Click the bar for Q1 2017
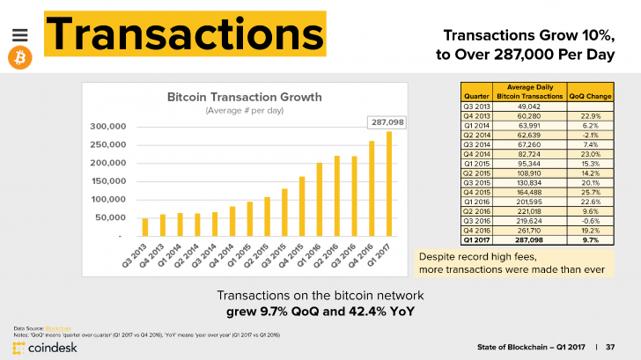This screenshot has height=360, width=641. [x=389, y=184]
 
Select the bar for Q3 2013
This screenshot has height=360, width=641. [x=145, y=227]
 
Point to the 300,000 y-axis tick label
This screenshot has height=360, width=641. [x=108, y=127]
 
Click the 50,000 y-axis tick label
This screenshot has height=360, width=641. [x=112, y=217]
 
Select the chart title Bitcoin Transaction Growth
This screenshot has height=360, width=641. [x=245, y=96]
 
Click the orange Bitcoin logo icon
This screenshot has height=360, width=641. [x=20, y=58]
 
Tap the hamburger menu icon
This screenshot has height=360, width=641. [x=20, y=33]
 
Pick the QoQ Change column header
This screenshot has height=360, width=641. [x=590, y=93]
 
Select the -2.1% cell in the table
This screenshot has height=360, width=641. [x=590, y=135]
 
